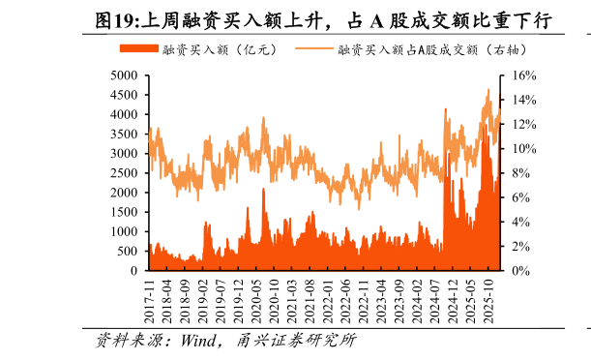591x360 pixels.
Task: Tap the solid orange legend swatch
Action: click(138, 48)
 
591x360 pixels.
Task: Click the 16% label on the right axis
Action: click(522, 75)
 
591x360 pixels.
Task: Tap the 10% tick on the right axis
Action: click(522, 148)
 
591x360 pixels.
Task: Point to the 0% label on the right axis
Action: click(519, 271)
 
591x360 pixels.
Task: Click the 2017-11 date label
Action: click(150, 299)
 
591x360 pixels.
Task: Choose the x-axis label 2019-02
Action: click(204, 299)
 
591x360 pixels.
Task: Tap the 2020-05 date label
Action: click(257, 299)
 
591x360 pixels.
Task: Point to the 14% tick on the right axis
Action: click(522, 99)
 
